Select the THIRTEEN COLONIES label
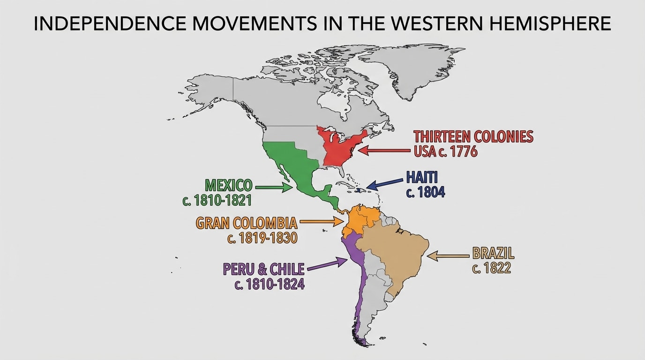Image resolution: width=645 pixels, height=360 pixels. point(473,136)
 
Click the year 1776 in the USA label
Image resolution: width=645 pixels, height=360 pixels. point(461,151)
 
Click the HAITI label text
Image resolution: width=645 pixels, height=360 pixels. point(422,177)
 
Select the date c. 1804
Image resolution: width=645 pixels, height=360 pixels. point(426,192)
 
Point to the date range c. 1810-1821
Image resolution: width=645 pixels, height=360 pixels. point(217,201)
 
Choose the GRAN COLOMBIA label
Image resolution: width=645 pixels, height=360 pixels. point(247,223)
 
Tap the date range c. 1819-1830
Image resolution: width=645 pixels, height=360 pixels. point(262,238)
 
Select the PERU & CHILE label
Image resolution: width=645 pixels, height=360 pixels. point(264,269)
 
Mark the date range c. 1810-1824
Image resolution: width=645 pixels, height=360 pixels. point(270,284)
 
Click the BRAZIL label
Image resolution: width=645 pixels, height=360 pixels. point(493,254)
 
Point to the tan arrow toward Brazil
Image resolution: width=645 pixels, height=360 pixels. point(448,256)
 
